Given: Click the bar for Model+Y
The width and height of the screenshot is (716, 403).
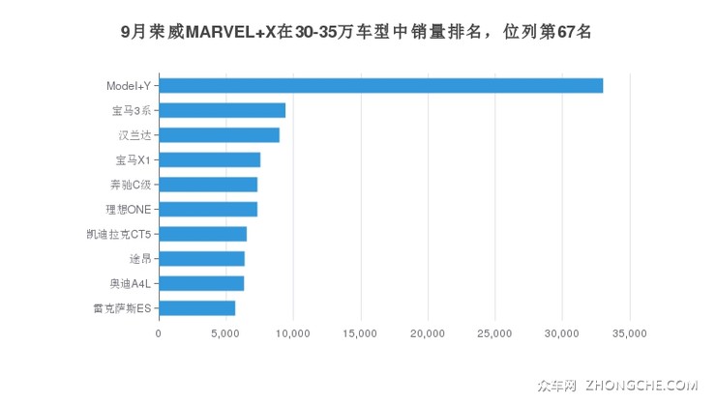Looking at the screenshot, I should tap(380, 86).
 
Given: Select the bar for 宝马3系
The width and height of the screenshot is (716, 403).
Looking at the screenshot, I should tap(222, 110).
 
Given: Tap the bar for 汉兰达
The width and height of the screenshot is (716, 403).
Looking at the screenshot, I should tap(219, 135).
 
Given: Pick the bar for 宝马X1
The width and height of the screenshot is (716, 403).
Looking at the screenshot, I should tap(209, 159).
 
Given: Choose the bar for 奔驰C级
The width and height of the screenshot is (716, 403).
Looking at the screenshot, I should tap(208, 185).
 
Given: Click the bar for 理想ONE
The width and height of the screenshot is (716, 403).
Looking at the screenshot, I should tap(208, 209).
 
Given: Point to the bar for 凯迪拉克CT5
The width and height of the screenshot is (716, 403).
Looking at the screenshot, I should tap(202, 234).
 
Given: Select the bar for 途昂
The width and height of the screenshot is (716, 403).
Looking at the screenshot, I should tap(201, 258).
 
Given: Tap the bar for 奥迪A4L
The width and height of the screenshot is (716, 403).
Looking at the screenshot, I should tap(201, 283).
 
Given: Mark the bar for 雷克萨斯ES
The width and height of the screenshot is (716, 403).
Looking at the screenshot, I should tap(196, 308).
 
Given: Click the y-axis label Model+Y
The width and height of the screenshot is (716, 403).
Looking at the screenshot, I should tap(128, 86).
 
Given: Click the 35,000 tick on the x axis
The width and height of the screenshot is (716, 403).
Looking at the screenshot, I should tap(630, 334).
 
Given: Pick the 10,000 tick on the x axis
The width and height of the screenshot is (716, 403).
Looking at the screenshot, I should tap(293, 334).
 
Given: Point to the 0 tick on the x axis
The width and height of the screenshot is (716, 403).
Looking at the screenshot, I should tap(159, 334).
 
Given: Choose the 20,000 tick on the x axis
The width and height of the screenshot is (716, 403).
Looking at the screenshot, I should tap(428, 334).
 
